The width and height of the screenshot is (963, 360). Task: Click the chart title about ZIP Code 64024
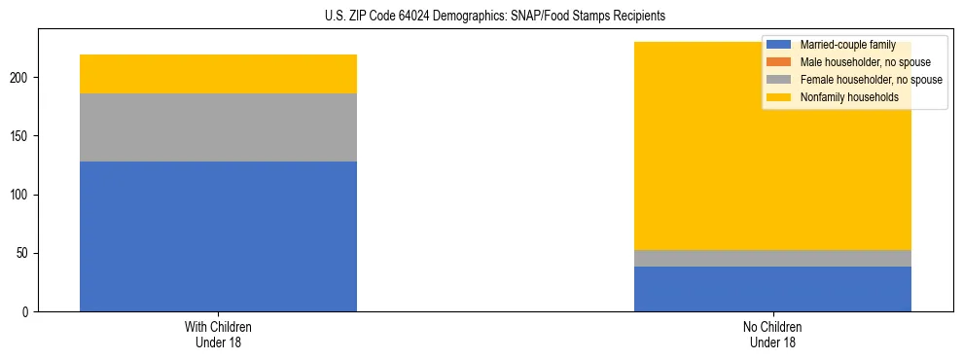tap(495, 17)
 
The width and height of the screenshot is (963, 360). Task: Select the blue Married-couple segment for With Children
tap(218, 236)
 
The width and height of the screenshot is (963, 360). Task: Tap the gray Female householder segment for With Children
tap(218, 127)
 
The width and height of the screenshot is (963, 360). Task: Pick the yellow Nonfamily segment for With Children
tap(218, 74)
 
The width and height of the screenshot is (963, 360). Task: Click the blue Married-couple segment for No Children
tap(772, 289)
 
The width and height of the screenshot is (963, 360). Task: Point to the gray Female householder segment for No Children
tap(772, 258)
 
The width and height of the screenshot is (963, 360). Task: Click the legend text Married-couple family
tap(847, 45)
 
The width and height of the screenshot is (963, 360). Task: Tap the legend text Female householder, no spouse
tap(871, 80)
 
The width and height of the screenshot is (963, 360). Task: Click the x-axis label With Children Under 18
tap(218, 335)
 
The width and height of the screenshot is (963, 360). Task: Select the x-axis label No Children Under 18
tap(772, 335)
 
